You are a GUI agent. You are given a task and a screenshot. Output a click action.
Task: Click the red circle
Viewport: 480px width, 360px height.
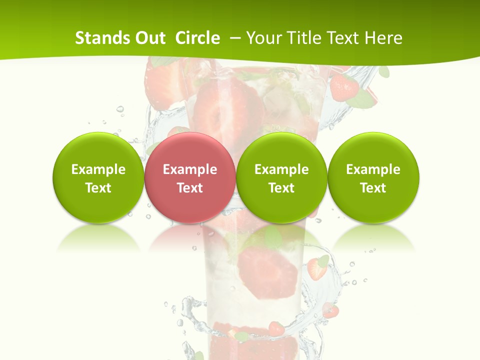189,177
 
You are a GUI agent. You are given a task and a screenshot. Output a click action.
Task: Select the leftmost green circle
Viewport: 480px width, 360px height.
98,177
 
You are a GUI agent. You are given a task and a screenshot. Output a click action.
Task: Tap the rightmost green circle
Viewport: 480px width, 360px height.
373,177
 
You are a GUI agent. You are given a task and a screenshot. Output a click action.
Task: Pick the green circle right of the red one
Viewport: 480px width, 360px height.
281,177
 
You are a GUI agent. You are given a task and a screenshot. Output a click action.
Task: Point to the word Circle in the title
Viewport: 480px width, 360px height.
197,38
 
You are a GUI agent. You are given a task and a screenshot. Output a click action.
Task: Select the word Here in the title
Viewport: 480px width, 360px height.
383,38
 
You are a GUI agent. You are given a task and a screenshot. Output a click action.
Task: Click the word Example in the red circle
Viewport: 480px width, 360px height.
189,169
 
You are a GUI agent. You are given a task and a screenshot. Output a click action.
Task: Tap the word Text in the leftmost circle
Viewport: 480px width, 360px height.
98,188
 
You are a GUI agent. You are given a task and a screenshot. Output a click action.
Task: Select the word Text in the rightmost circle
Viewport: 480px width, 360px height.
373,188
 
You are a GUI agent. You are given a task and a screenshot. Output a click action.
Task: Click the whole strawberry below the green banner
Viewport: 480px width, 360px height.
344,87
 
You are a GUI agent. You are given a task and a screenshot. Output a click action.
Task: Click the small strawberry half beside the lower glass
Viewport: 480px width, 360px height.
316,269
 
